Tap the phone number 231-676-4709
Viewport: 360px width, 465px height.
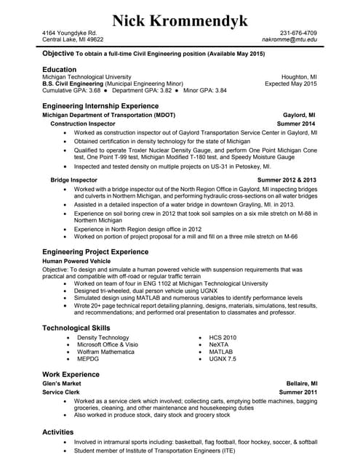[298, 33]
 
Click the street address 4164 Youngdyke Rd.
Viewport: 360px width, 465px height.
[69, 33]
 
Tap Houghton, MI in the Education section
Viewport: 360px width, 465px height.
[299, 76]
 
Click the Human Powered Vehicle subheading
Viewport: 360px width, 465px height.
[76, 260]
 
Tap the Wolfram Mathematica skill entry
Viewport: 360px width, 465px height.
[105, 352]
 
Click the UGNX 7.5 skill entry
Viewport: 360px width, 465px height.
[223, 359]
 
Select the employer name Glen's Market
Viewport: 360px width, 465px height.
[62, 383]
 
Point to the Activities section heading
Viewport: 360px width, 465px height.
[58, 432]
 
